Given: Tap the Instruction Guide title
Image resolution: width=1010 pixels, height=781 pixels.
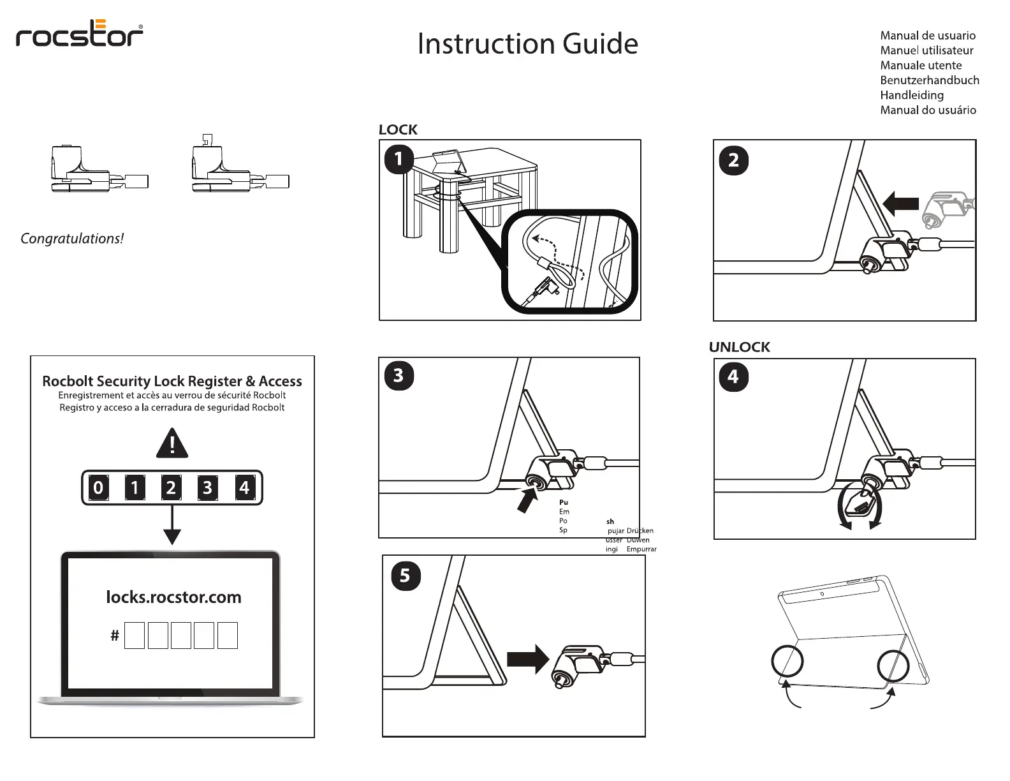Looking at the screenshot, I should click(x=527, y=44).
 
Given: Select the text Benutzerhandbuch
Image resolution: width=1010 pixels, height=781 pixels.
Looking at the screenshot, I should click(x=929, y=80).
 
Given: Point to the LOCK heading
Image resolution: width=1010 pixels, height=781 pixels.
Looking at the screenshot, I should click(x=398, y=130).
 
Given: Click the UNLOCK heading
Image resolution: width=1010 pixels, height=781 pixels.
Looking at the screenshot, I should click(x=739, y=347).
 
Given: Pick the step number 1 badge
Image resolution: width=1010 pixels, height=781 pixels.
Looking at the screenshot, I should click(x=399, y=158).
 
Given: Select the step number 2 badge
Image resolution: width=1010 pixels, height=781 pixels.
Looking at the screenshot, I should click(x=733, y=160).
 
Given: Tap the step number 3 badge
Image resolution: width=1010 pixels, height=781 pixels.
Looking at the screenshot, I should click(x=399, y=375).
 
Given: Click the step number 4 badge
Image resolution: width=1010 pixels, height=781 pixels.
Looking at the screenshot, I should click(x=733, y=376).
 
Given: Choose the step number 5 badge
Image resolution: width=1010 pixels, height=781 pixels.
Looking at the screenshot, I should click(x=405, y=576).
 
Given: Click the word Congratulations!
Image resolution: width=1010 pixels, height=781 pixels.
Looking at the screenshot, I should click(x=72, y=239).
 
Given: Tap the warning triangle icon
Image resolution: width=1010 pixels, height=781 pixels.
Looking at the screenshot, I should click(x=172, y=443).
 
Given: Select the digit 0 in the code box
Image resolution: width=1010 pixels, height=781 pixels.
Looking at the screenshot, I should click(x=98, y=488).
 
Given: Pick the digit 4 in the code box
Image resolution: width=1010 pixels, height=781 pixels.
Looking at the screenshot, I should click(x=244, y=488).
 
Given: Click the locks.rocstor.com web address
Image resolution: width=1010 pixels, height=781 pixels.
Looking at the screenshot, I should click(x=173, y=597).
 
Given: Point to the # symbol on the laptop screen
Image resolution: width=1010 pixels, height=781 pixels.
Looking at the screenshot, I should click(x=115, y=636).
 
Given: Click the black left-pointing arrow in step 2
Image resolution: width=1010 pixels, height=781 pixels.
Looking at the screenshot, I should click(x=900, y=204).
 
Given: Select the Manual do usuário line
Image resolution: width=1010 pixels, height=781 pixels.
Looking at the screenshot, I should click(x=928, y=110).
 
